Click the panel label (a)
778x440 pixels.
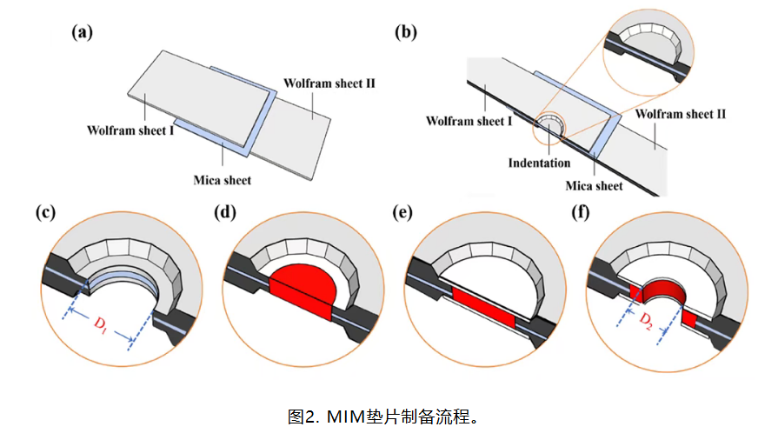point(83,33)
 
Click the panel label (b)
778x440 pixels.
point(406,33)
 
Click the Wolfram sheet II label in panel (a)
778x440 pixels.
point(329,83)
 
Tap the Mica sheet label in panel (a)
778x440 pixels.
point(223,180)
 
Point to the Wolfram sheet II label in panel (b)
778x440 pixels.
point(681,114)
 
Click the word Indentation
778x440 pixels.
point(540,163)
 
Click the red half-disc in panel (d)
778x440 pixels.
point(303,286)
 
